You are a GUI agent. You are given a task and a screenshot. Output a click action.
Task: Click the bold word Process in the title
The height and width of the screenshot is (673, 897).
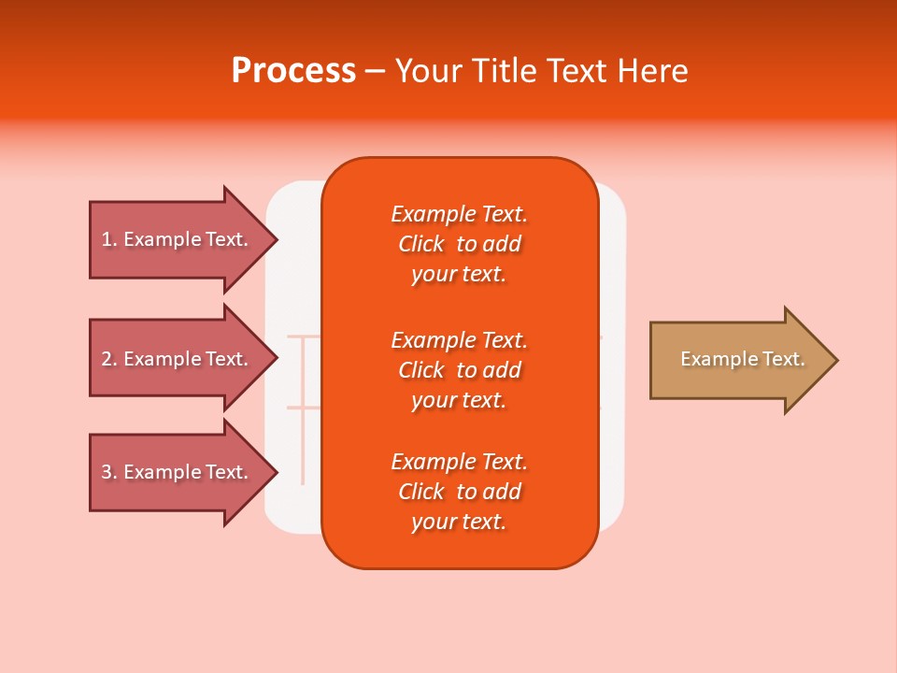click(x=293, y=71)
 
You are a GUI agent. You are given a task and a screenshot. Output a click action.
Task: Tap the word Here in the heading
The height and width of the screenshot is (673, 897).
click(x=651, y=71)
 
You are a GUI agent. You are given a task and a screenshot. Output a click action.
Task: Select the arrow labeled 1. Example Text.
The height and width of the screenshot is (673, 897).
click(x=178, y=239)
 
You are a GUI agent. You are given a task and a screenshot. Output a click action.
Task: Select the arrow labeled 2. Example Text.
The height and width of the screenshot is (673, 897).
click(x=178, y=359)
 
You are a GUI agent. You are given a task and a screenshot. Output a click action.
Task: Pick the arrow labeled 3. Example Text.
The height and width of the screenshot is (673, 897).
click(x=178, y=472)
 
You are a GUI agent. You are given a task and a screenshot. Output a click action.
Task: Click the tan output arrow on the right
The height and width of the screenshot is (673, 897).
click(x=738, y=360)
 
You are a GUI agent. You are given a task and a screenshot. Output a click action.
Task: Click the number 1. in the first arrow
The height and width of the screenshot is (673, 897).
click(x=109, y=239)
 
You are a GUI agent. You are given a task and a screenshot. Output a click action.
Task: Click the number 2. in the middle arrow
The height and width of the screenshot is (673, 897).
click(x=109, y=359)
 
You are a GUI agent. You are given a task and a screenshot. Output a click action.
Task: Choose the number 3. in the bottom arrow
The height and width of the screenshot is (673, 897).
click(x=109, y=472)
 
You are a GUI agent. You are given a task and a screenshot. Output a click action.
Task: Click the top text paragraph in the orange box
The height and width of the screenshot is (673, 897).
click(x=459, y=244)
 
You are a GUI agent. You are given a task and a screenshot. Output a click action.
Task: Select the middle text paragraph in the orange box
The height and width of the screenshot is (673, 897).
click(x=459, y=370)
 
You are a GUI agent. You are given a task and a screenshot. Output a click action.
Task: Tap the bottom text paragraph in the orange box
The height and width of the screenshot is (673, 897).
click(x=459, y=492)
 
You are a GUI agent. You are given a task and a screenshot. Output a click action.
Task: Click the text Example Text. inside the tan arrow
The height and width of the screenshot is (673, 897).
click(x=742, y=359)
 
